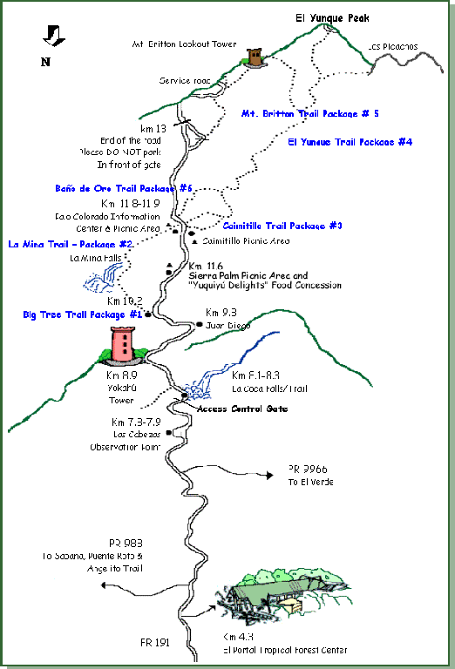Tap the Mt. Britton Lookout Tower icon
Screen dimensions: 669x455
255,57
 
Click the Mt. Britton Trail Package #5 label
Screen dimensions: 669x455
309,113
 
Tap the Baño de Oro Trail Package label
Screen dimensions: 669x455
122,187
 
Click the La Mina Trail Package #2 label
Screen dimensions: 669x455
70,244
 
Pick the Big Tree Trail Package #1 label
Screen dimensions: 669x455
82,314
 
